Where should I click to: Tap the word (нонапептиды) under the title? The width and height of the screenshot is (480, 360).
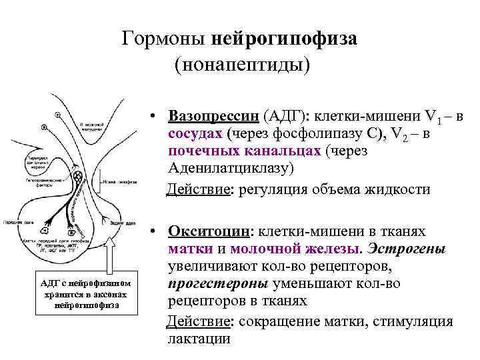242,65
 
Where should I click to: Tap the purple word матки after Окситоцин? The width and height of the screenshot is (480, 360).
191,249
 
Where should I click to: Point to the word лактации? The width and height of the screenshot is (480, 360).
199,339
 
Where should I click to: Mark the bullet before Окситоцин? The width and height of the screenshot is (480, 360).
153,231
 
